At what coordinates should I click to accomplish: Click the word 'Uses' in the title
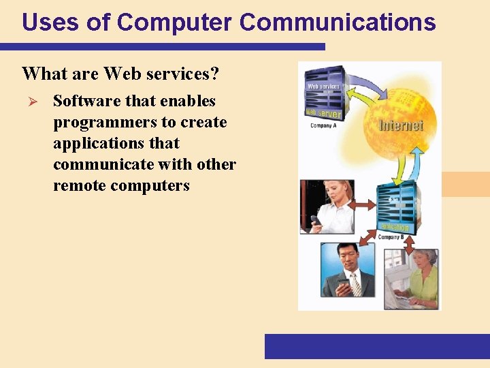point(44,22)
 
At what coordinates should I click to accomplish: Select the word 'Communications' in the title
point(338,22)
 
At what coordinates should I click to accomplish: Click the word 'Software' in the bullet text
point(86,101)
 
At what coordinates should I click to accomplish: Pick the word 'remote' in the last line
point(79,185)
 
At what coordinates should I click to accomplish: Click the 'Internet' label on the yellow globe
point(401,125)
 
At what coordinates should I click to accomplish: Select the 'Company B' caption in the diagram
point(391,237)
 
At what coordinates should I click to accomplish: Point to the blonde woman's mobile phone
point(316,220)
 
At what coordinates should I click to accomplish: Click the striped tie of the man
point(355,284)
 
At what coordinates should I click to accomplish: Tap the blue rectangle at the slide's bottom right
point(376,346)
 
